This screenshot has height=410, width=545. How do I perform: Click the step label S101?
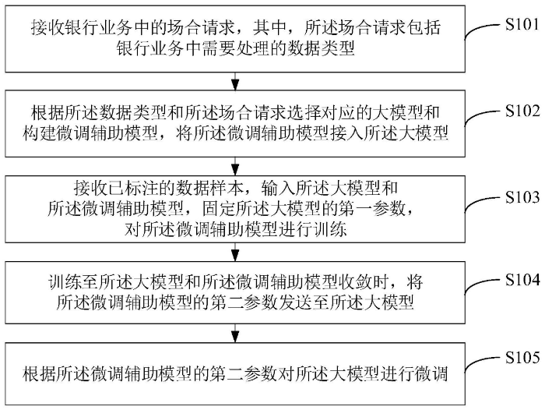522,25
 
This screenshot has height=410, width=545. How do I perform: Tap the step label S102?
522,111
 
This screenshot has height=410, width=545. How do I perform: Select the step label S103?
522,197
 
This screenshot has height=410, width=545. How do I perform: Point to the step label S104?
522,280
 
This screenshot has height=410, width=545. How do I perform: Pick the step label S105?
522,358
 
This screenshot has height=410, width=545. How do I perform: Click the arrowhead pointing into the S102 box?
235,85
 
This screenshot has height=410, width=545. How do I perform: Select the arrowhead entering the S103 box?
235,171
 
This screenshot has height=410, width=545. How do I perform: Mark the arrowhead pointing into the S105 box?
235,338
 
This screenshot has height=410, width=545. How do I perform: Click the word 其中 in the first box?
269,27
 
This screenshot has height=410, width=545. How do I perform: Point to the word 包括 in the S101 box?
424,27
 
